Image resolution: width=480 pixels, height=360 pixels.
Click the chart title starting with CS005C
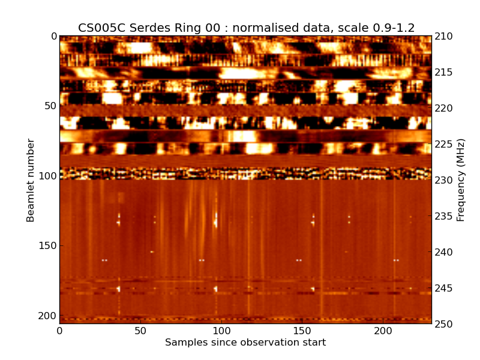(x=246, y=28)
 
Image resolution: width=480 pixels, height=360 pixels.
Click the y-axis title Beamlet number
(x=31, y=180)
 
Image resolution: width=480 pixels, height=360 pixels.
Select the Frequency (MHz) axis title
(x=461, y=180)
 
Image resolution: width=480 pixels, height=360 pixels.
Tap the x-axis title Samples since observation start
(x=245, y=343)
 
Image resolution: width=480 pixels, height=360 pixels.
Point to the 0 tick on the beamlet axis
(x=53, y=36)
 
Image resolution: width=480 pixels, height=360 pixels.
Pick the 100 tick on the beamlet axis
(x=49, y=176)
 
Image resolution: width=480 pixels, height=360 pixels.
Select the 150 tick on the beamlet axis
(x=49, y=246)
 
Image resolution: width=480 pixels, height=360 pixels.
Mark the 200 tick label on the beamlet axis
(x=49, y=316)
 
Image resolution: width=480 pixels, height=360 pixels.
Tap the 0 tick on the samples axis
(x=59, y=331)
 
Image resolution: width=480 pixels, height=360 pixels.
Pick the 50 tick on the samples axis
(x=140, y=331)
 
